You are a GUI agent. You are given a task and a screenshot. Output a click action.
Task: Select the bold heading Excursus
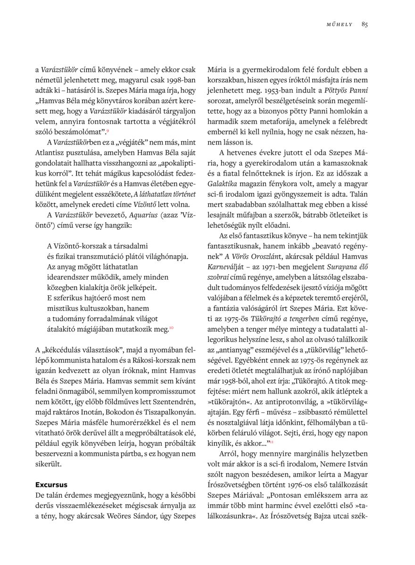[51, 484]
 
